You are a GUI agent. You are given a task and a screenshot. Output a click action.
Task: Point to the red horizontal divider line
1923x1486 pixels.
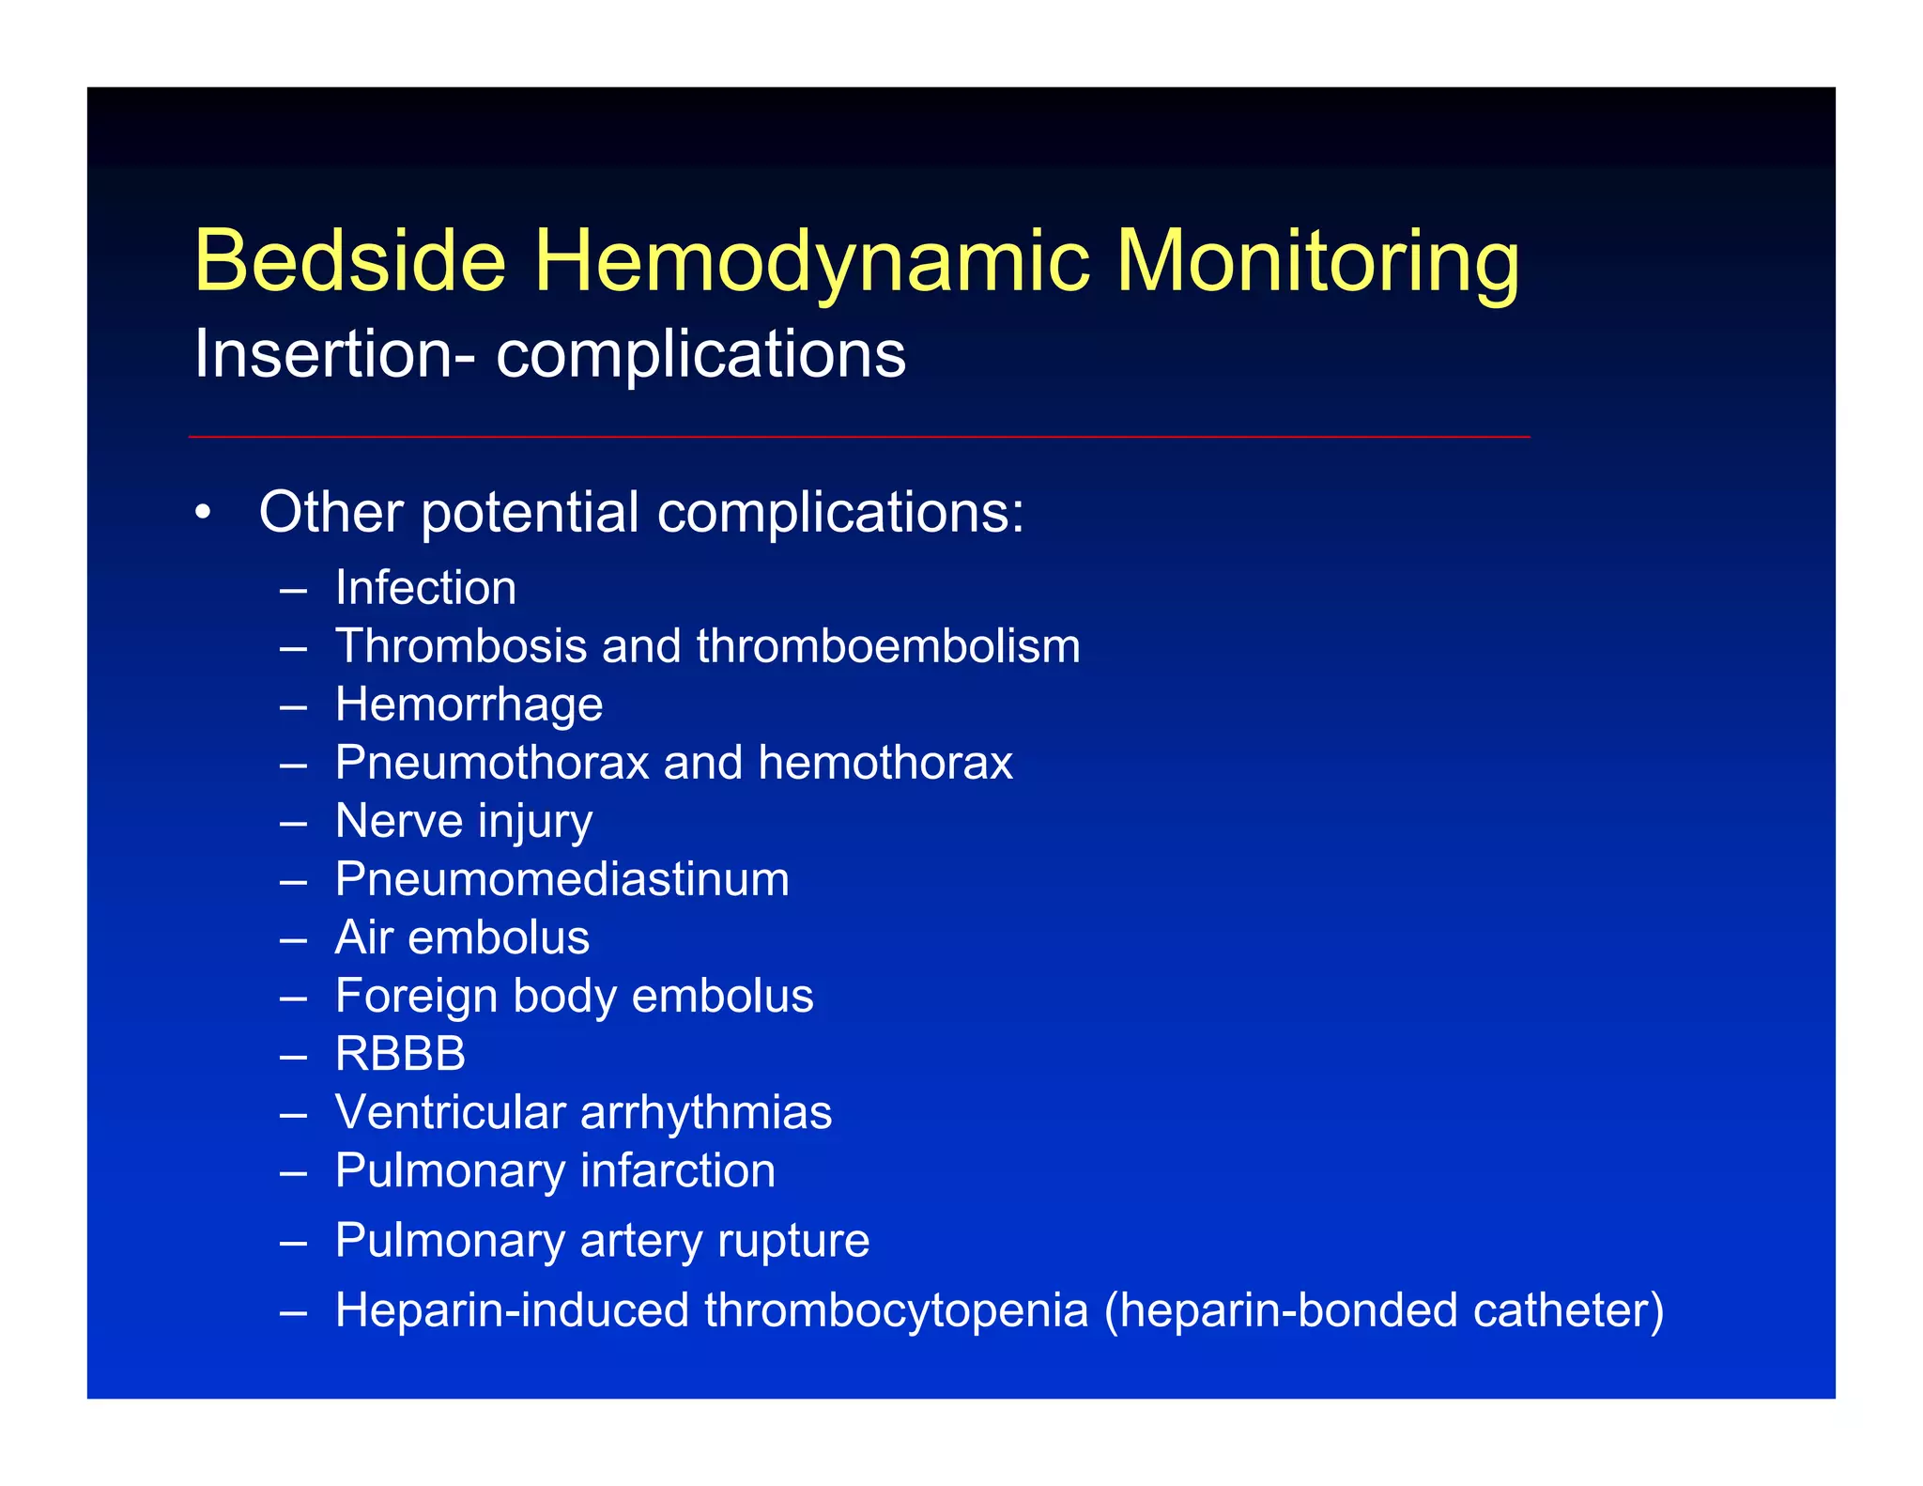pos(858,437)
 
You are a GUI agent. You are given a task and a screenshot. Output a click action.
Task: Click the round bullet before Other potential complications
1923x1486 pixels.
pos(203,514)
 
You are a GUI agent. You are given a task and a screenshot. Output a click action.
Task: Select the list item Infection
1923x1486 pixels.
pos(425,588)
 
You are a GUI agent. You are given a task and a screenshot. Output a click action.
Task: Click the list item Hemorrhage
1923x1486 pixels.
pos(469,704)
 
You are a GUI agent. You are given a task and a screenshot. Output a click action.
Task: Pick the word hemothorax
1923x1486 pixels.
pos(885,763)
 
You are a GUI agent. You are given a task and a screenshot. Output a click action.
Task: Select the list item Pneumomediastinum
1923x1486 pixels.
pos(562,879)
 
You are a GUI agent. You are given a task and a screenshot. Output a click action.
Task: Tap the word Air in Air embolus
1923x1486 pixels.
pos(363,937)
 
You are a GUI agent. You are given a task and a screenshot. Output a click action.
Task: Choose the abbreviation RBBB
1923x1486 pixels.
pos(400,1054)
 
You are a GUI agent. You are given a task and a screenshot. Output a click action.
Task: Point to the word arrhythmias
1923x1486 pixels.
pos(706,1112)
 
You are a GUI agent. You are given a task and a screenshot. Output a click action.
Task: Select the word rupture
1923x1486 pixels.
pos(793,1240)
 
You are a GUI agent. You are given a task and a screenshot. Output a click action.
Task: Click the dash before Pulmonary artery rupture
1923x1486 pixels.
pos(293,1242)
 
